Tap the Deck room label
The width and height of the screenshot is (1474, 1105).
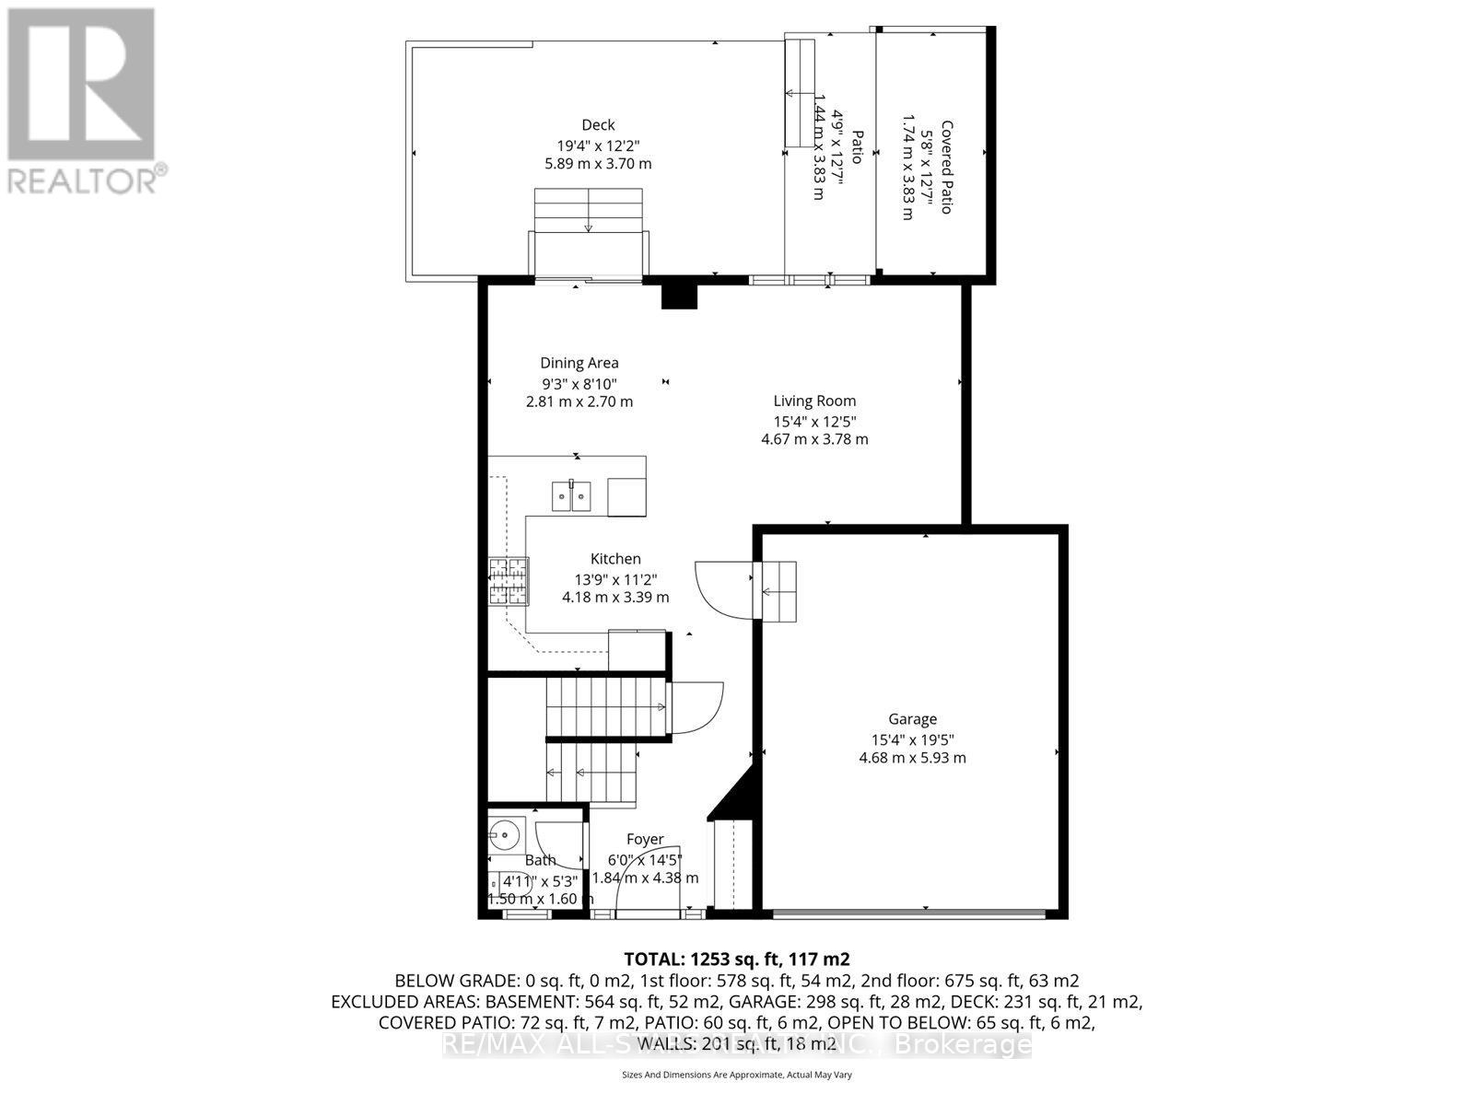point(598,125)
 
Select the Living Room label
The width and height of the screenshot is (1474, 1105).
point(814,401)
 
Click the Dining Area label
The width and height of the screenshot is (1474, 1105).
point(579,363)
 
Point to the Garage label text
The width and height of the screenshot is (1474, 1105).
point(912,719)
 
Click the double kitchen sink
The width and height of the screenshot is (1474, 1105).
point(571,495)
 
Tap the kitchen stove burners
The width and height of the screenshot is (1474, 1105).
point(509,582)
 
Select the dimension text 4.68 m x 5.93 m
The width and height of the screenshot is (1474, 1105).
point(912,758)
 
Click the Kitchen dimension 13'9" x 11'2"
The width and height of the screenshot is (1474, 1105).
point(615,578)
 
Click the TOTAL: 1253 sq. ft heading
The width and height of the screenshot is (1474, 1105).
point(731,959)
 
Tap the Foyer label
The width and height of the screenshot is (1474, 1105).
point(645,839)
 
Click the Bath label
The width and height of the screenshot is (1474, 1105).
point(541,860)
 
